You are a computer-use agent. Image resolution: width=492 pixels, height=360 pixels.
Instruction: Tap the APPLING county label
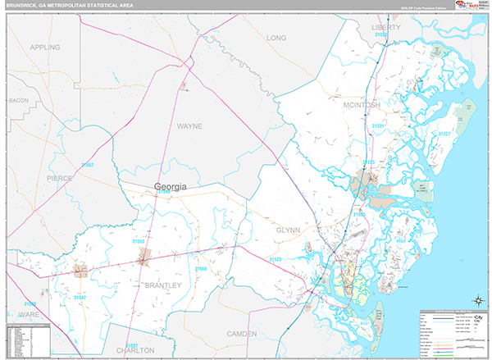(45, 48)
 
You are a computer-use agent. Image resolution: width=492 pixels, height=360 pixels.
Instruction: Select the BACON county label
(18, 100)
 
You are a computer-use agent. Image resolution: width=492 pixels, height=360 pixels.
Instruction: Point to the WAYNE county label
(189, 126)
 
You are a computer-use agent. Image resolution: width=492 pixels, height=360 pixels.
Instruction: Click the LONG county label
(276, 38)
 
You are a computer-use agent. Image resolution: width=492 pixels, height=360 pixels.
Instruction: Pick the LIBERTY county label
(386, 27)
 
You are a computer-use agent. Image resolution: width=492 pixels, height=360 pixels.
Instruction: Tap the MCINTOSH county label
(362, 106)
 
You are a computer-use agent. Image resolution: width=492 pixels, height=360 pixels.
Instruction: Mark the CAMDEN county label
(241, 334)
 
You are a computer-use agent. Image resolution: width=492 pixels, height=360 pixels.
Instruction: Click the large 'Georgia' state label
(171, 187)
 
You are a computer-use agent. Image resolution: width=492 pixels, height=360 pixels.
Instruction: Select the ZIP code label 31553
(139, 242)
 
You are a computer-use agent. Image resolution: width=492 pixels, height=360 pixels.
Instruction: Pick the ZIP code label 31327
(444, 133)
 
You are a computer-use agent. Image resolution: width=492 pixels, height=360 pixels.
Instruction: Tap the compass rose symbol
(475, 300)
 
